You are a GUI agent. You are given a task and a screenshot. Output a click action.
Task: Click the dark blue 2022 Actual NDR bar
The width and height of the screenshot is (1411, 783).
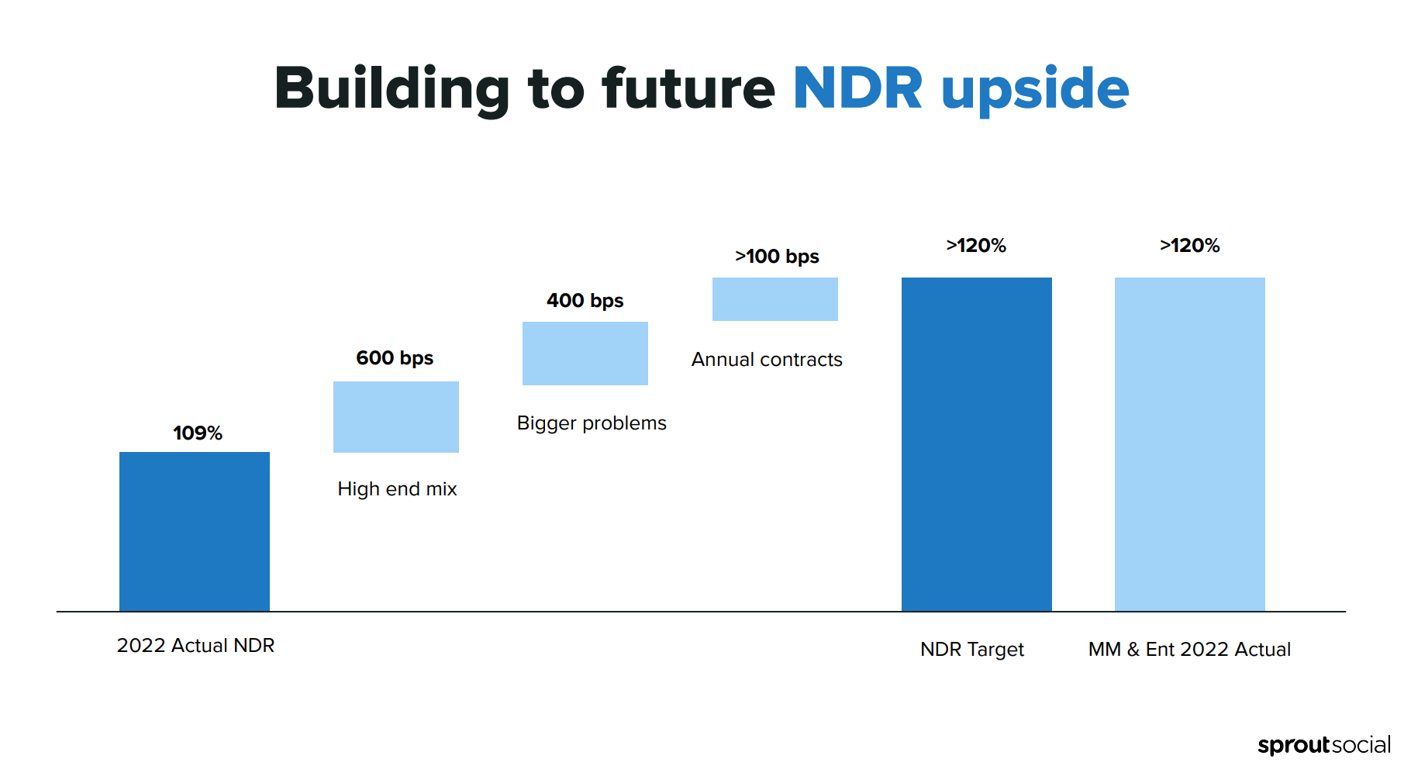point(195,531)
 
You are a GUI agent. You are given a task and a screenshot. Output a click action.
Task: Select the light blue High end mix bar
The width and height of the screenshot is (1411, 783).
point(395,417)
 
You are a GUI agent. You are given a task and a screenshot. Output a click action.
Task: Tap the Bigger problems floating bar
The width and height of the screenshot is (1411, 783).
point(585,354)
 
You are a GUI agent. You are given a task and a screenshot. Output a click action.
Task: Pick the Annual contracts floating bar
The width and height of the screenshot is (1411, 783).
point(774,299)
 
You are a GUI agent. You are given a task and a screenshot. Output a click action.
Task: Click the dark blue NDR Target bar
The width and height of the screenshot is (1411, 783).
point(976,444)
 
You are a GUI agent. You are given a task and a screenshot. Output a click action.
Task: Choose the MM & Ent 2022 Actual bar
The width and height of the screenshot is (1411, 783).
point(1189,444)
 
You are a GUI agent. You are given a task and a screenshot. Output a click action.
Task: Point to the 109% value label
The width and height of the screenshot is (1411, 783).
point(198,433)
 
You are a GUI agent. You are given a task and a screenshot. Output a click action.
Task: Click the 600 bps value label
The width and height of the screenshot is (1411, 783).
point(395,358)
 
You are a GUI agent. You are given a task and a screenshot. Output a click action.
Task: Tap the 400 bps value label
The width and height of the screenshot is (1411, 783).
point(585,301)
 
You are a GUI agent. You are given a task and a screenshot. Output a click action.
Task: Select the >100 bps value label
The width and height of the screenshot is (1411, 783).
point(777,257)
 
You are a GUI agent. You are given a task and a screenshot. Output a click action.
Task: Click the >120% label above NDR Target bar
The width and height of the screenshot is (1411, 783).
point(976,246)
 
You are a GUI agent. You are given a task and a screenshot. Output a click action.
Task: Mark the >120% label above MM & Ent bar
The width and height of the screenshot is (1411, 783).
point(1189,246)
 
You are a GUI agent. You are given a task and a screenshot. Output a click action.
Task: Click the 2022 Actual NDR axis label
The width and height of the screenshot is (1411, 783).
point(195,646)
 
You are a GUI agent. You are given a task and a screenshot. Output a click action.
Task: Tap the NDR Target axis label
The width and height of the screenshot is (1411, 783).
point(972,650)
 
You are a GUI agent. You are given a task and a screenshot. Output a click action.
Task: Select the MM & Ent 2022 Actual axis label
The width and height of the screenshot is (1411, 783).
point(1189,650)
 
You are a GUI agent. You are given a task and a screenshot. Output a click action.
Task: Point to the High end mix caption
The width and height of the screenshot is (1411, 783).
point(397,489)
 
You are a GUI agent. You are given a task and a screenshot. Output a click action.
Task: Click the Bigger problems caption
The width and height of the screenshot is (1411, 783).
point(592,423)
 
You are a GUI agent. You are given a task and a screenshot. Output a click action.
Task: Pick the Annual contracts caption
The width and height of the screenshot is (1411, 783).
point(767,360)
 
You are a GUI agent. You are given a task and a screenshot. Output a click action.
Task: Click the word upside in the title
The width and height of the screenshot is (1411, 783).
point(1035,90)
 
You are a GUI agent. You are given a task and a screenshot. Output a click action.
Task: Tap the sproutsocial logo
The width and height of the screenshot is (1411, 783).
point(1323,745)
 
